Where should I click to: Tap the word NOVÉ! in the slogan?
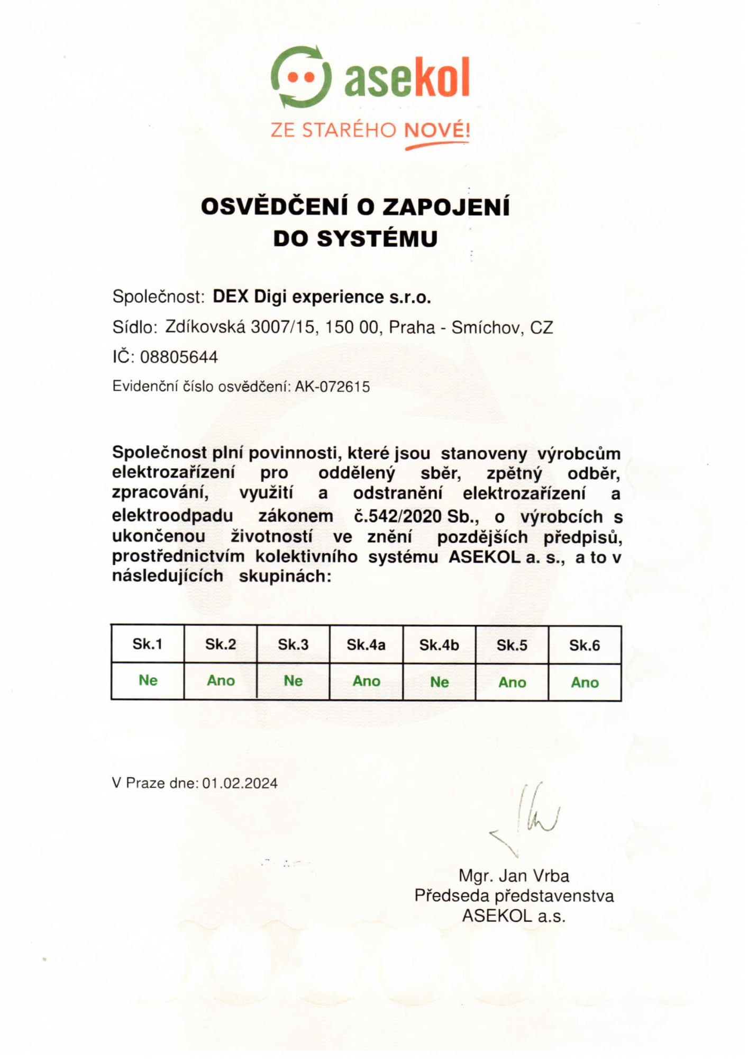pyautogui.click(x=437, y=130)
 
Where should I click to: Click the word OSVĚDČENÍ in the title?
pyautogui.click(x=275, y=207)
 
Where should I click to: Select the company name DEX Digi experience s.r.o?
pyautogui.click(x=322, y=297)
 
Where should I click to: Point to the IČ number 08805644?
pyautogui.click(x=179, y=357)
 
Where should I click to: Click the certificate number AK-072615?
pyautogui.click(x=332, y=387)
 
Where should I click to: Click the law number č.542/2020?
pyautogui.click(x=398, y=516)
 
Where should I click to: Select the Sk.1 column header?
pyautogui.click(x=148, y=644)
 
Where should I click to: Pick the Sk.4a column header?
pyautogui.click(x=366, y=645)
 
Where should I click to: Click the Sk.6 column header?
pyautogui.click(x=585, y=645)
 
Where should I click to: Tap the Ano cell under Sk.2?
pyautogui.click(x=221, y=681)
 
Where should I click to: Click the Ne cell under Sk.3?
pyautogui.click(x=293, y=681)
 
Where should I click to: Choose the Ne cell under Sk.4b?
pyautogui.click(x=439, y=682)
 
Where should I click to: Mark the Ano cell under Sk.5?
pyautogui.click(x=512, y=683)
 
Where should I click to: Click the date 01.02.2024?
pyautogui.click(x=240, y=783)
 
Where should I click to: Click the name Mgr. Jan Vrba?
pyautogui.click(x=514, y=876)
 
